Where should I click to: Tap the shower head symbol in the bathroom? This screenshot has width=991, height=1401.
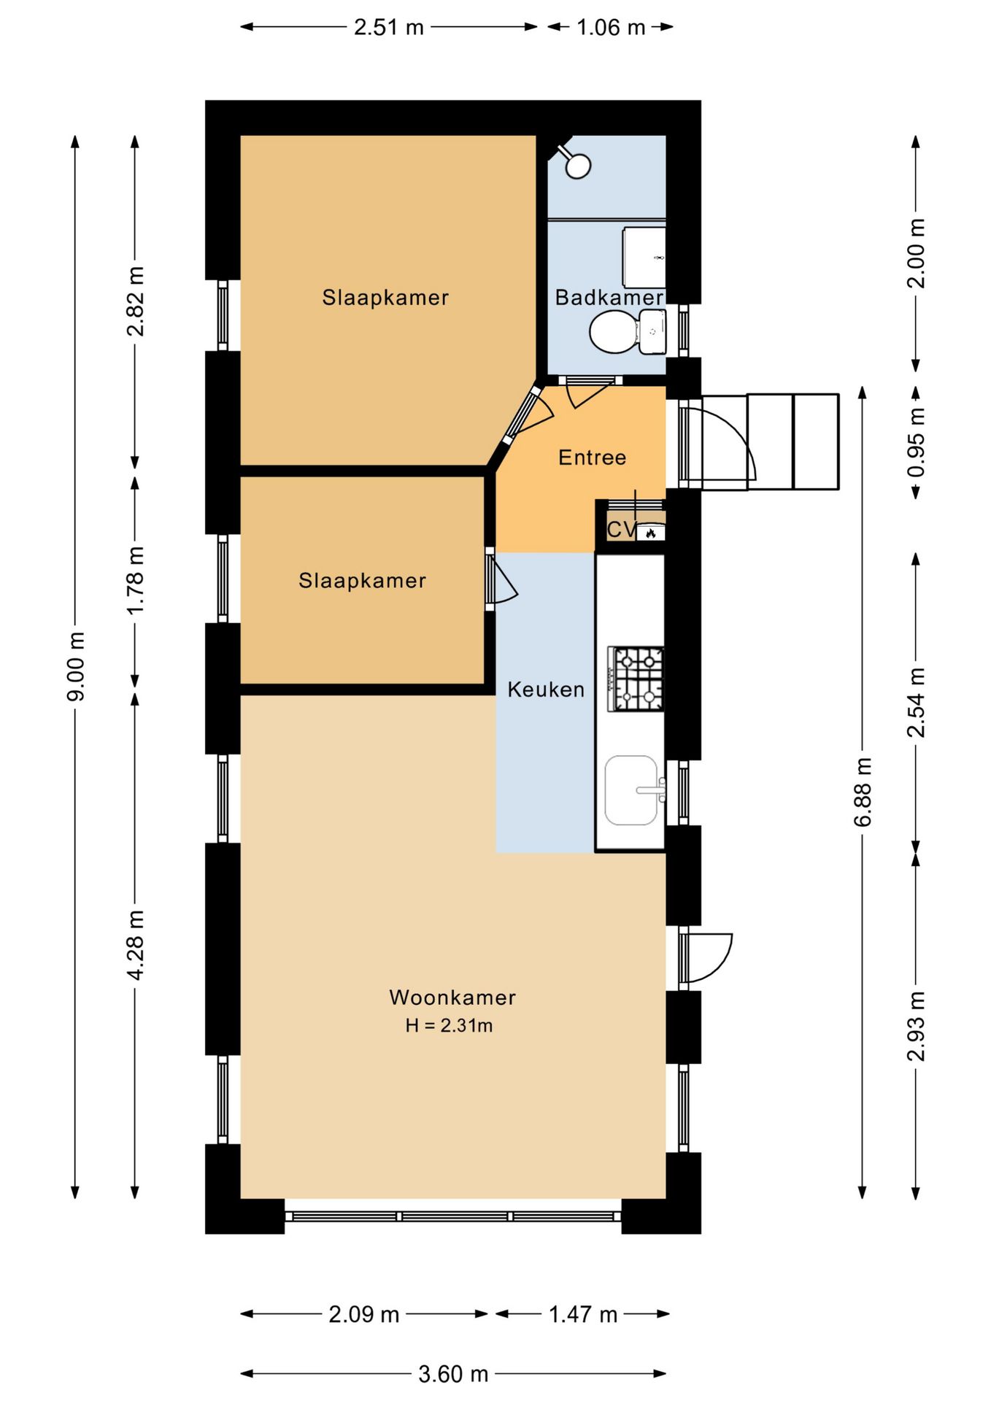click(577, 165)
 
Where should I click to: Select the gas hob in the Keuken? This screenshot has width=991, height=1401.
click(636, 679)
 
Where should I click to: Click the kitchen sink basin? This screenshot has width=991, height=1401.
click(631, 790)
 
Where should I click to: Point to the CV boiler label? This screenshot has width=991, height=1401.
click(621, 530)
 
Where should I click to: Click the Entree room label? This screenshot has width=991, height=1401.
click(592, 458)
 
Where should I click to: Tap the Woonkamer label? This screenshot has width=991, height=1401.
click(452, 997)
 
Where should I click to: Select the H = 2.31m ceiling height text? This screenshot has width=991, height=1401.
click(449, 1025)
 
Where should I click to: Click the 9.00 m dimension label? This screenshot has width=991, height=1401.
click(75, 666)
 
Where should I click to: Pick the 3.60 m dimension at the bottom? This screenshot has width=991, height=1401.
click(452, 1374)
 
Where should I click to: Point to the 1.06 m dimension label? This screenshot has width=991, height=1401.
click(611, 28)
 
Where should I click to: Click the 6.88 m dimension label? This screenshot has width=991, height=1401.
click(863, 792)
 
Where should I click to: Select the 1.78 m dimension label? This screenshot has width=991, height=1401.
click(135, 580)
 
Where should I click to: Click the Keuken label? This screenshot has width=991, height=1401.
click(546, 690)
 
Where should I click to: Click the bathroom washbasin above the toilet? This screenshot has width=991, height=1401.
click(644, 258)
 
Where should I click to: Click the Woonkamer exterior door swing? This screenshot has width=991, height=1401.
click(706, 957)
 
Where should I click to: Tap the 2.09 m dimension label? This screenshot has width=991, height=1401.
click(363, 1314)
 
